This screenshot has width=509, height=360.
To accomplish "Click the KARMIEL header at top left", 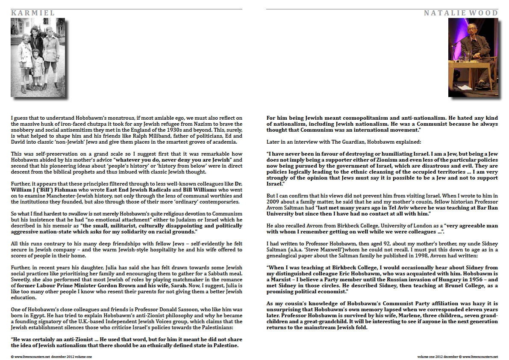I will point(33,13).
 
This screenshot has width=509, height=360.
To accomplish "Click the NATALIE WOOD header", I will point(461,13).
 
